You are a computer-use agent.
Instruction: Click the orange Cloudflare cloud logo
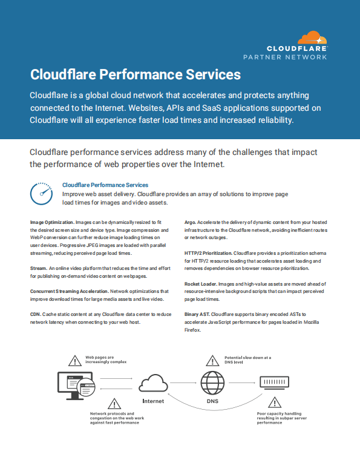tap(312, 38)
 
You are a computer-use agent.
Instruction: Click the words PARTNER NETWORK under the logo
tap(285, 57)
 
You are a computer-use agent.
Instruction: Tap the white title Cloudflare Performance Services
tap(136, 74)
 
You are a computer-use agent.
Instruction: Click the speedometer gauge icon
tap(41, 194)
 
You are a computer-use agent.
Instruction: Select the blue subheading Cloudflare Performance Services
tap(105, 185)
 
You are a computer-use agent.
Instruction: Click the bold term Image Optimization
tap(52, 222)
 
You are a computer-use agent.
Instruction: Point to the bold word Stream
tap(38, 268)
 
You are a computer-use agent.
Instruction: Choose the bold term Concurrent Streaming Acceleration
tap(70, 291)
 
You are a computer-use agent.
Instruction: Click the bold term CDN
tap(35, 315)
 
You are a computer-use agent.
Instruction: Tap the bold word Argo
tap(190, 222)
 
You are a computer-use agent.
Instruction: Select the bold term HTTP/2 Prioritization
tap(208, 253)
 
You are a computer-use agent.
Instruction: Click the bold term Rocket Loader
tap(200, 284)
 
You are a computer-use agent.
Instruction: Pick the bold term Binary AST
tap(197, 315)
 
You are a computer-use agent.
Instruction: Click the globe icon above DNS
tap(212, 382)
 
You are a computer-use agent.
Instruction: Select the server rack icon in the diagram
tap(275, 382)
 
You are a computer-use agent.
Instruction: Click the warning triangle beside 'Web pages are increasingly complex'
tap(75, 361)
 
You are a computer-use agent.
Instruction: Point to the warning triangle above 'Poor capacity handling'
tap(275, 402)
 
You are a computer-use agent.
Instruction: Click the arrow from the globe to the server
tap(242, 382)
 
